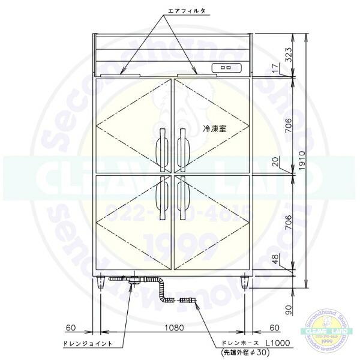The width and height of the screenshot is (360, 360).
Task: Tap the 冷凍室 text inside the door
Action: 215,128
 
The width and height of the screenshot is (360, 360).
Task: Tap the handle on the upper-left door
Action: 161,148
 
